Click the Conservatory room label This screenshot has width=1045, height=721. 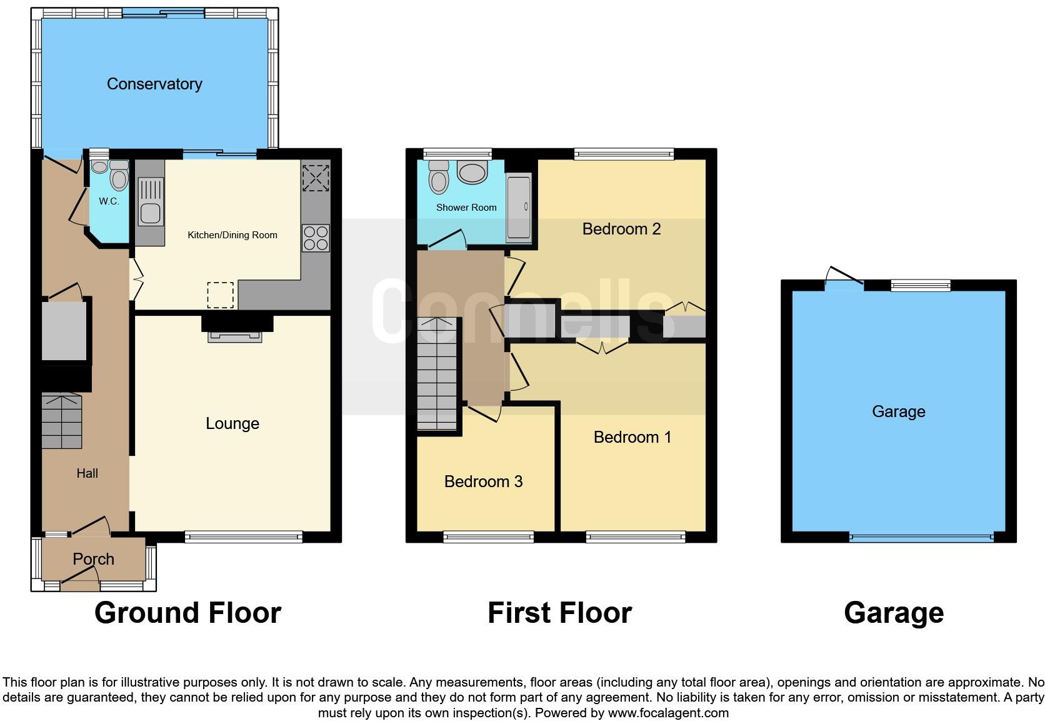pyautogui.click(x=154, y=84)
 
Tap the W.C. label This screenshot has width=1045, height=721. pyautogui.click(x=109, y=201)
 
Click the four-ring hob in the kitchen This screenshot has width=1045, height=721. pyautogui.click(x=316, y=238)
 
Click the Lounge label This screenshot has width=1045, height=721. pyautogui.click(x=232, y=423)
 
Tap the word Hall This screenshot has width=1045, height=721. pyautogui.click(x=87, y=473)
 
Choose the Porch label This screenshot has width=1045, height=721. pyautogui.click(x=93, y=559)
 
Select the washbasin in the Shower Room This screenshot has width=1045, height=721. pyautogui.click(x=472, y=171)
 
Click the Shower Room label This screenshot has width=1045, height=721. pyautogui.click(x=466, y=208)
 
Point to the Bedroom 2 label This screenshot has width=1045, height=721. pyautogui.click(x=621, y=229)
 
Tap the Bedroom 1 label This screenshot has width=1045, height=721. pyautogui.click(x=632, y=437)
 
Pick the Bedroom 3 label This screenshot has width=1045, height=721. pyautogui.click(x=483, y=482)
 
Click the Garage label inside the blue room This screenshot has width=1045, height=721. pyautogui.click(x=898, y=411)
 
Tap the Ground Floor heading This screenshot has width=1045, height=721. pyautogui.click(x=187, y=613)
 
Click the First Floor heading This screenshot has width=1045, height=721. pyautogui.click(x=559, y=613)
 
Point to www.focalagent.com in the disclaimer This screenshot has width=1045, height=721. pyautogui.click(x=668, y=713)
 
